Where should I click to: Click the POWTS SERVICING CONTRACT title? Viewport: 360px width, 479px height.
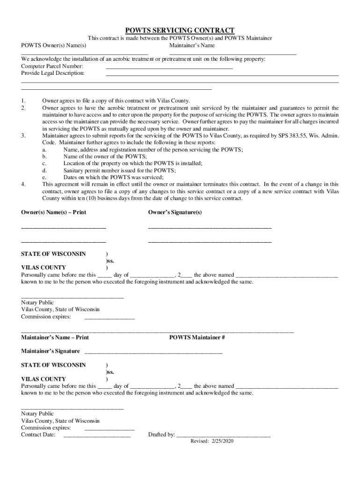pyautogui.click(x=180, y=30)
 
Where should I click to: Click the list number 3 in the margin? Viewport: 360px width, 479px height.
pyautogui.click(x=23, y=136)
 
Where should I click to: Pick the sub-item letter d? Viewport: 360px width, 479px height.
pyautogui.click(x=44, y=170)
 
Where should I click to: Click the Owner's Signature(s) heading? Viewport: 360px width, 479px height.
pyautogui.click(x=175, y=212)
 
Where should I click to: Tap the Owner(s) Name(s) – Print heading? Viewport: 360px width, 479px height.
pyautogui.click(x=53, y=212)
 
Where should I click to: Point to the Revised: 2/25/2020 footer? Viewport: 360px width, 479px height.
pyautogui.click(x=212, y=441)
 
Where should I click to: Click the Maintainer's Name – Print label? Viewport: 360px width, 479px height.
pyautogui.click(x=55, y=337)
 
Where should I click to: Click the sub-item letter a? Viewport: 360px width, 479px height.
pyautogui.click(x=44, y=149)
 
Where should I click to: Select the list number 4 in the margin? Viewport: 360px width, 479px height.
pyautogui.click(x=23, y=184)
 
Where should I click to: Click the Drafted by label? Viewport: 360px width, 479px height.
pyautogui.click(x=161, y=435)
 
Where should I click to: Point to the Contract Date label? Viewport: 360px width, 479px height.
pyautogui.click(x=38, y=435)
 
